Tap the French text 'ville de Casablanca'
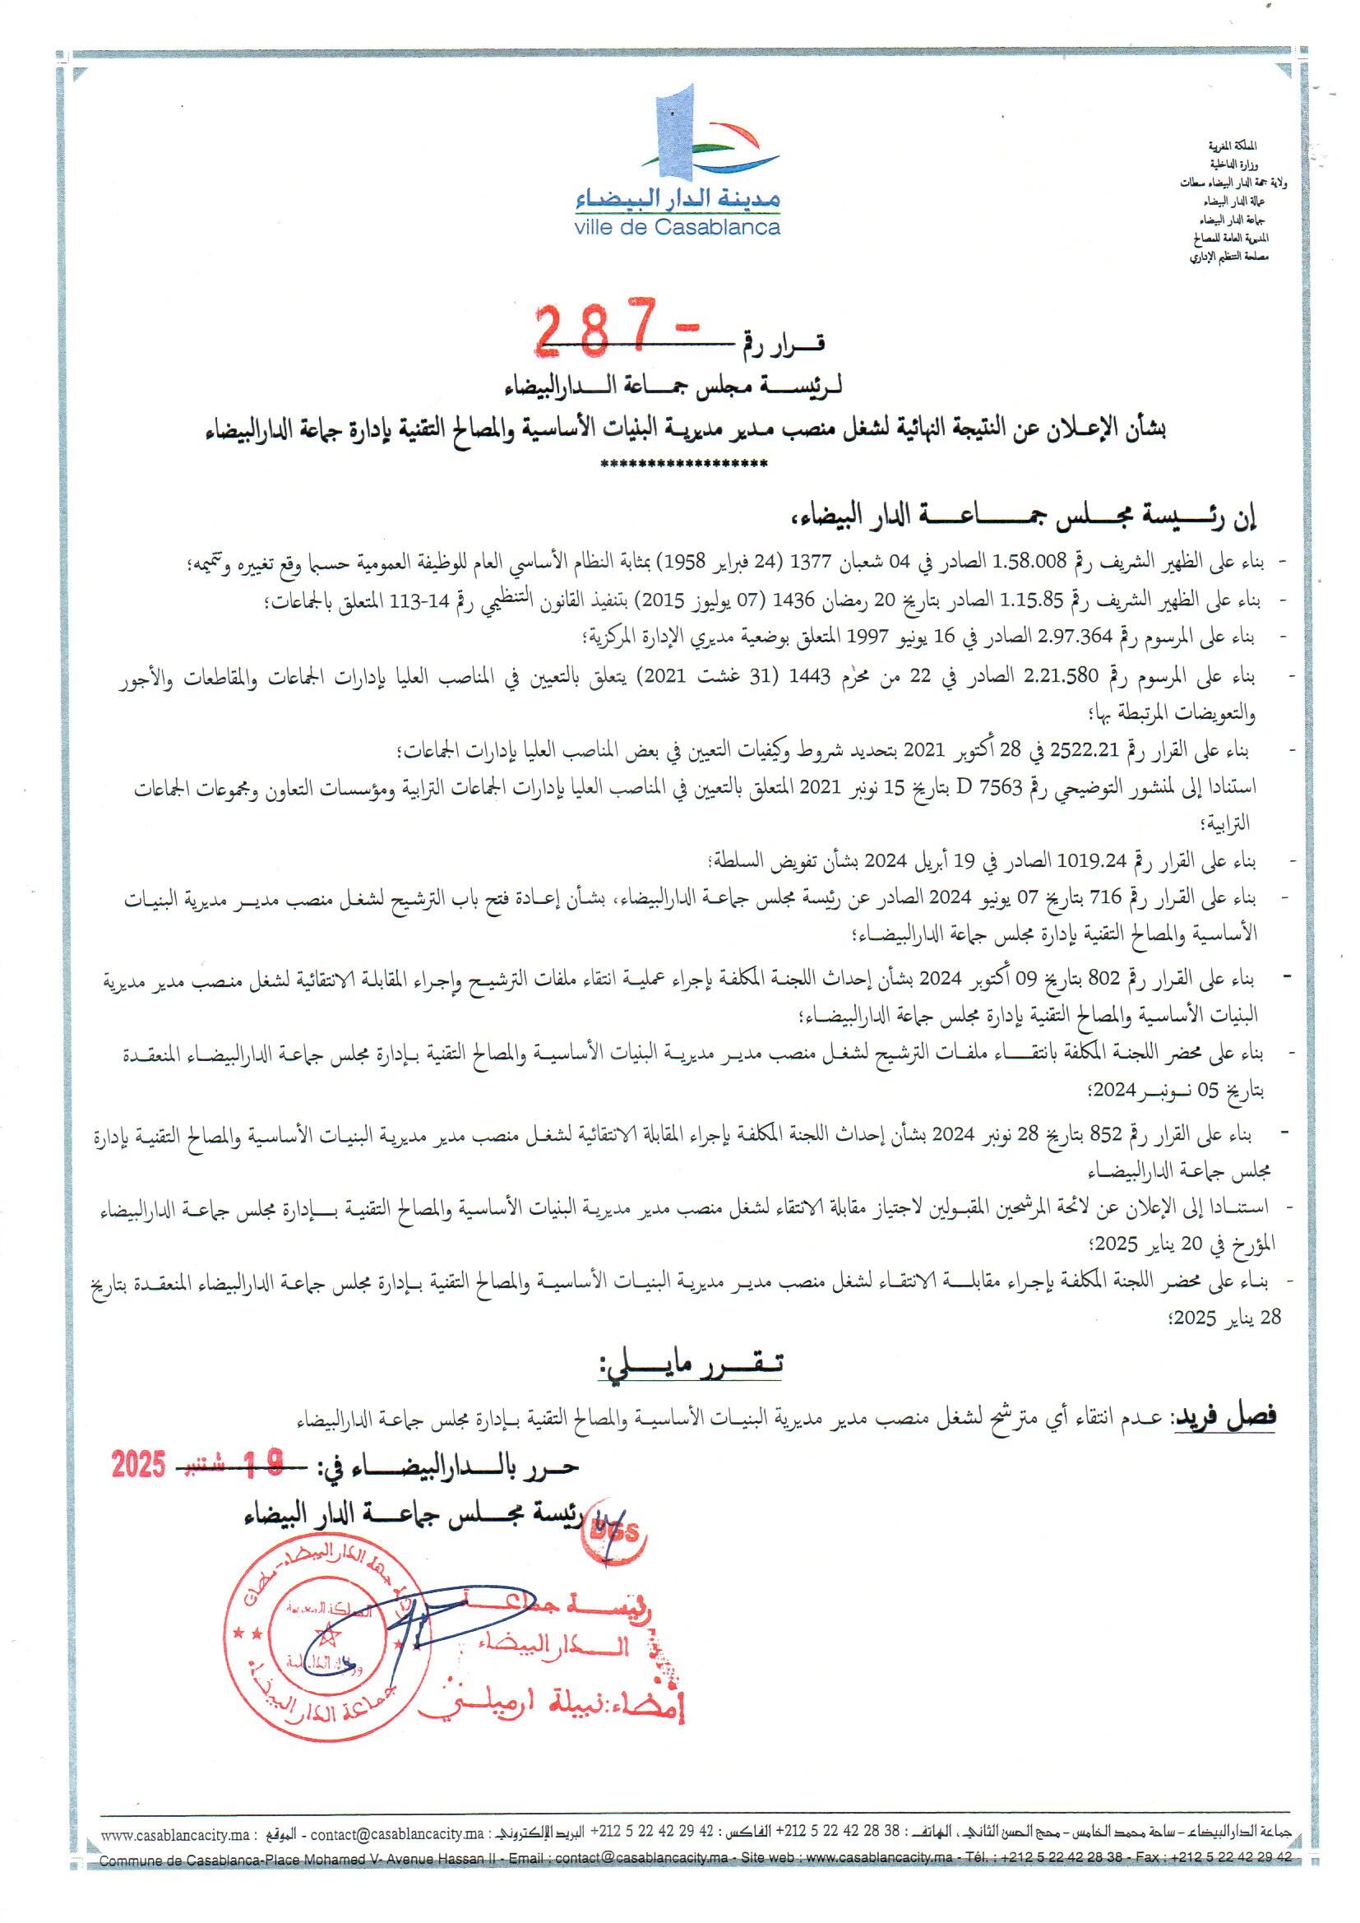pos(678,227)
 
